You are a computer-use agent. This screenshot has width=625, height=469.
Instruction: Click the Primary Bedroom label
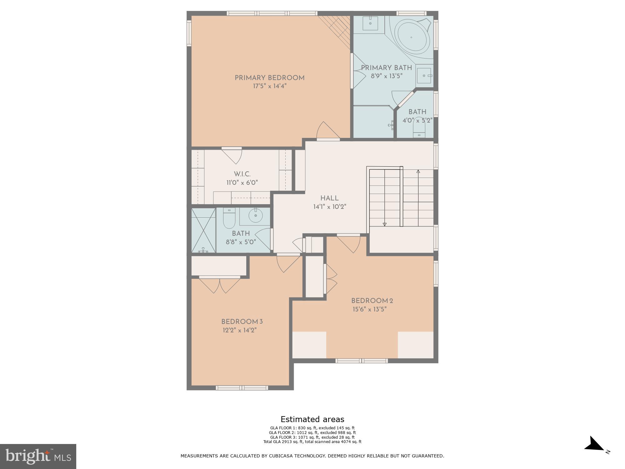(269, 78)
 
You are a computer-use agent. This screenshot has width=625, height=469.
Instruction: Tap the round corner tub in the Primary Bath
(412, 38)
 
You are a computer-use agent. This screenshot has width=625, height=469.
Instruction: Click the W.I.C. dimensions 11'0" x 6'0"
(242, 183)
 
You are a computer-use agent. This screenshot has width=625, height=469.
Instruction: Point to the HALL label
(329, 198)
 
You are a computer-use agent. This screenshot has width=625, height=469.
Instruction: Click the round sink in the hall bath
(256, 215)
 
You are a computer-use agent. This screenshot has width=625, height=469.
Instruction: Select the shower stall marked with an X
(203, 230)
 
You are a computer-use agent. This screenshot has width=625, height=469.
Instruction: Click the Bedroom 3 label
(242, 322)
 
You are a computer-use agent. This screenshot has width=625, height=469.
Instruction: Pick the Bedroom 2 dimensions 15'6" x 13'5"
(370, 309)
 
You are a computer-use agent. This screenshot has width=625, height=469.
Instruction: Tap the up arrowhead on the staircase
(418, 171)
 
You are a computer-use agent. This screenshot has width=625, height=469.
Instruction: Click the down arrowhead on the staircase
(384, 224)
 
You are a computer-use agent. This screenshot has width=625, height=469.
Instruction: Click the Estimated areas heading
(312, 419)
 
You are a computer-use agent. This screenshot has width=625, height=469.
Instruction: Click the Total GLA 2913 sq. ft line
(312, 442)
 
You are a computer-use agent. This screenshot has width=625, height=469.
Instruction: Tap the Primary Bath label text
(386, 68)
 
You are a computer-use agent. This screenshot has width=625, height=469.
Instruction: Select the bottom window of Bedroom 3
(242, 388)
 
